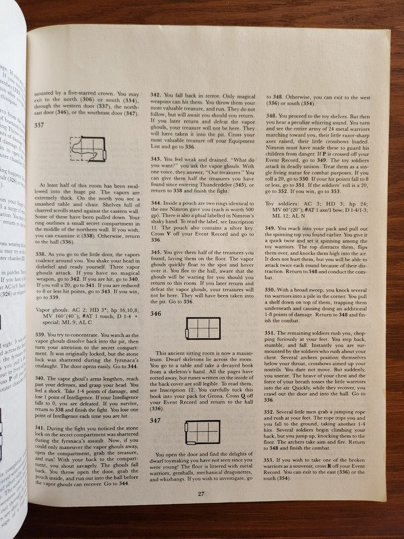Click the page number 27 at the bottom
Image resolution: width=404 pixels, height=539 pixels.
click(200, 494)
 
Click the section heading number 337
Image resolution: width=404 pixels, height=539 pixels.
click(39, 125)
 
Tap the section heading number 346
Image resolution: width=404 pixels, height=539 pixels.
click(155, 313)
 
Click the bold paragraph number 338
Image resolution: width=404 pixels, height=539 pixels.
click(40, 252)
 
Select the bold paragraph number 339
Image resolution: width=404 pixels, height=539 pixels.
click(40, 335)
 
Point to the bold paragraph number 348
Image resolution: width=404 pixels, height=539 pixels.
click(272, 115)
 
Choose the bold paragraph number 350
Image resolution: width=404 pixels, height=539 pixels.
click(272, 289)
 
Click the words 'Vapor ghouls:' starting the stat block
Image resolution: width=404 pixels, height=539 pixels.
click(52, 309)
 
